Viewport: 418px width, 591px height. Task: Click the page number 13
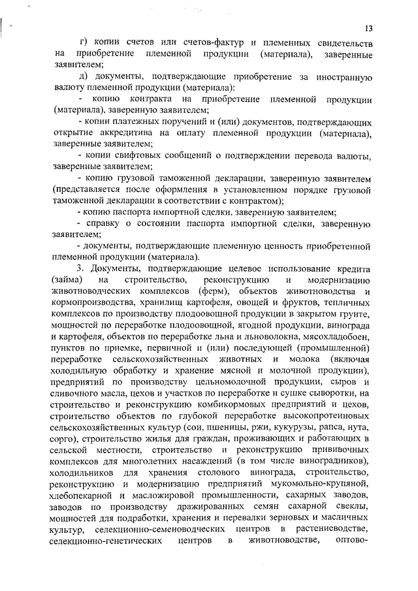pyautogui.click(x=369, y=28)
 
